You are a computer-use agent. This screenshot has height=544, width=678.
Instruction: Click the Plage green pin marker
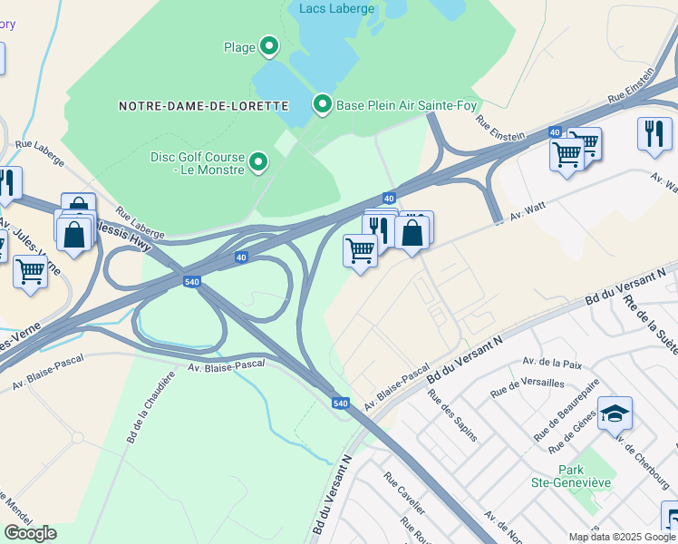(x=268, y=45)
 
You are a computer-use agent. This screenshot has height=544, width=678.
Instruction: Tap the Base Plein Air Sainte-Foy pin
(x=322, y=104)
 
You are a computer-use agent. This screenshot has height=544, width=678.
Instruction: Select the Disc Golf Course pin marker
(x=259, y=162)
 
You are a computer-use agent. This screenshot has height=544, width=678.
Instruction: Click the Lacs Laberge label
(x=336, y=9)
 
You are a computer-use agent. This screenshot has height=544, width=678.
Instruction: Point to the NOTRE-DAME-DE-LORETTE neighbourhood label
(x=202, y=106)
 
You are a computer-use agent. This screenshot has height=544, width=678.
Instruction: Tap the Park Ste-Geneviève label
(x=585, y=476)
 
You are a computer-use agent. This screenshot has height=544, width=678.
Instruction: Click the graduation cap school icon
(x=615, y=413)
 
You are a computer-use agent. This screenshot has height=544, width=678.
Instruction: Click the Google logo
(x=30, y=533)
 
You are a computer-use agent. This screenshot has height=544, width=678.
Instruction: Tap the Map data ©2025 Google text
(x=622, y=537)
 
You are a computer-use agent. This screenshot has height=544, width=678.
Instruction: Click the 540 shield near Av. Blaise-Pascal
(x=341, y=403)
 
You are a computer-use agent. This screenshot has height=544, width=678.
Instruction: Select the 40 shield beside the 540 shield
(x=241, y=257)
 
